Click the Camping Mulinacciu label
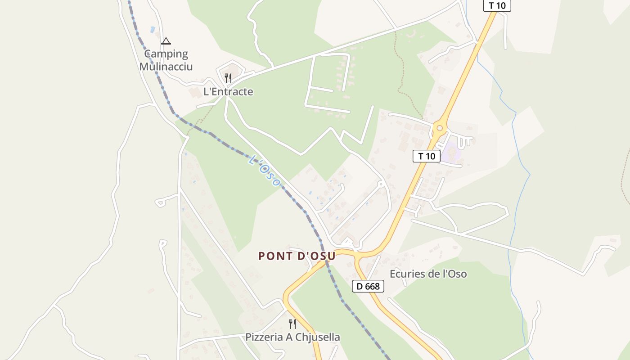(x=166, y=60)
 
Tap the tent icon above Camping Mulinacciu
(x=166, y=41)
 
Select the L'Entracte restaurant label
(x=228, y=92)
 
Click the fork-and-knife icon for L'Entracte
(x=228, y=78)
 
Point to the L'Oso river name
(x=265, y=171)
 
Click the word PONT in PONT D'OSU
(x=275, y=256)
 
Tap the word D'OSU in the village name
(x=317, y=256)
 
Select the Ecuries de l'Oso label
(x=428, y=274)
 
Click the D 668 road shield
(x=368, y=286)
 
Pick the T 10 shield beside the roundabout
(x=426, y=156)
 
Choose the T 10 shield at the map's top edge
(x=497, y=6)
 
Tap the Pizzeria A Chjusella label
(x=292, y=337)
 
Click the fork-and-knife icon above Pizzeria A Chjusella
(x=292, y=324)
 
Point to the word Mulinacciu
(x=166, y=67)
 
